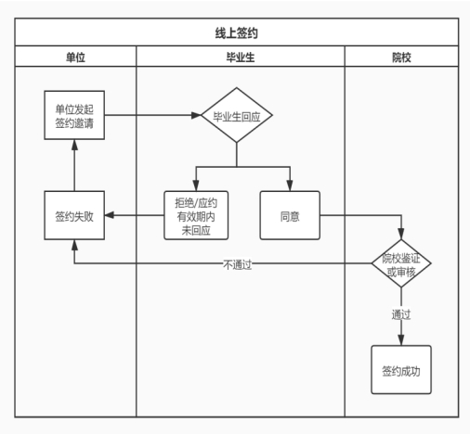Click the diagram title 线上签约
(237, 32)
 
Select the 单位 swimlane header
(75, 57)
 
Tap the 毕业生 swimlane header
(241, 57)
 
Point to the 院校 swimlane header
(401, 57)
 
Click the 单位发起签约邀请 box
(74, 115)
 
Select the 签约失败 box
(74, 215)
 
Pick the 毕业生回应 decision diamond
(237, 115)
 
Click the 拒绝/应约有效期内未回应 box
(196, 215)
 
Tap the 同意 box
(290, 215)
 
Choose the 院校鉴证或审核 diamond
(401, 263)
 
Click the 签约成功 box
(401, 370)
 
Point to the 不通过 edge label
(237, 265)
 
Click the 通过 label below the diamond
(401, 314)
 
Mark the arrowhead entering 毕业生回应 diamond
(197, 115)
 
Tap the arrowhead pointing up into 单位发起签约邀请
(74, 145)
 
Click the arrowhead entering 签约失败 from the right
(110, 215)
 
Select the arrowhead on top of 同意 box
(290, 185)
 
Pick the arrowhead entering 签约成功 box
(401, 340)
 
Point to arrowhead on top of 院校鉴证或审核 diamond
(401, 234)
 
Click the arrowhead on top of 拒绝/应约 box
(196, 185)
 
